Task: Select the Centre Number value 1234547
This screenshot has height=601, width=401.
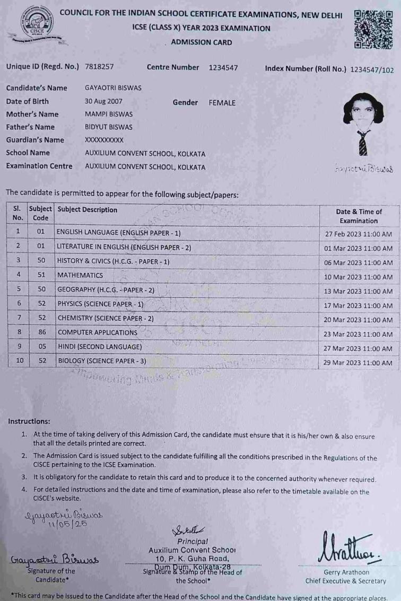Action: (223, 67)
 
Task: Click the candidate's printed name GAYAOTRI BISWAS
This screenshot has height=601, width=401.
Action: (113, 88)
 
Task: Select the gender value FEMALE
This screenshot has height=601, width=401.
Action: (222, 103)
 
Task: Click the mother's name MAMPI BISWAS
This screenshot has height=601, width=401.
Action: (109, 114)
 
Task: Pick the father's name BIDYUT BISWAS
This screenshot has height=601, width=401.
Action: (109, 127)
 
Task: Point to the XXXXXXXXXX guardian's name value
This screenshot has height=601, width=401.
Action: (104, 140)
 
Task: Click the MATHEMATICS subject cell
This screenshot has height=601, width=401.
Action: (80, 276)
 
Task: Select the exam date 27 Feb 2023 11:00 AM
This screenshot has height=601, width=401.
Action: (359, 234)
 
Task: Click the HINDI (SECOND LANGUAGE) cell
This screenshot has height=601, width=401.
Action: (100, 347)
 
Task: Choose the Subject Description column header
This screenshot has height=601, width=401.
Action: (88, 210)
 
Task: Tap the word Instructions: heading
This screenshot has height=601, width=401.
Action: (29, 422)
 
